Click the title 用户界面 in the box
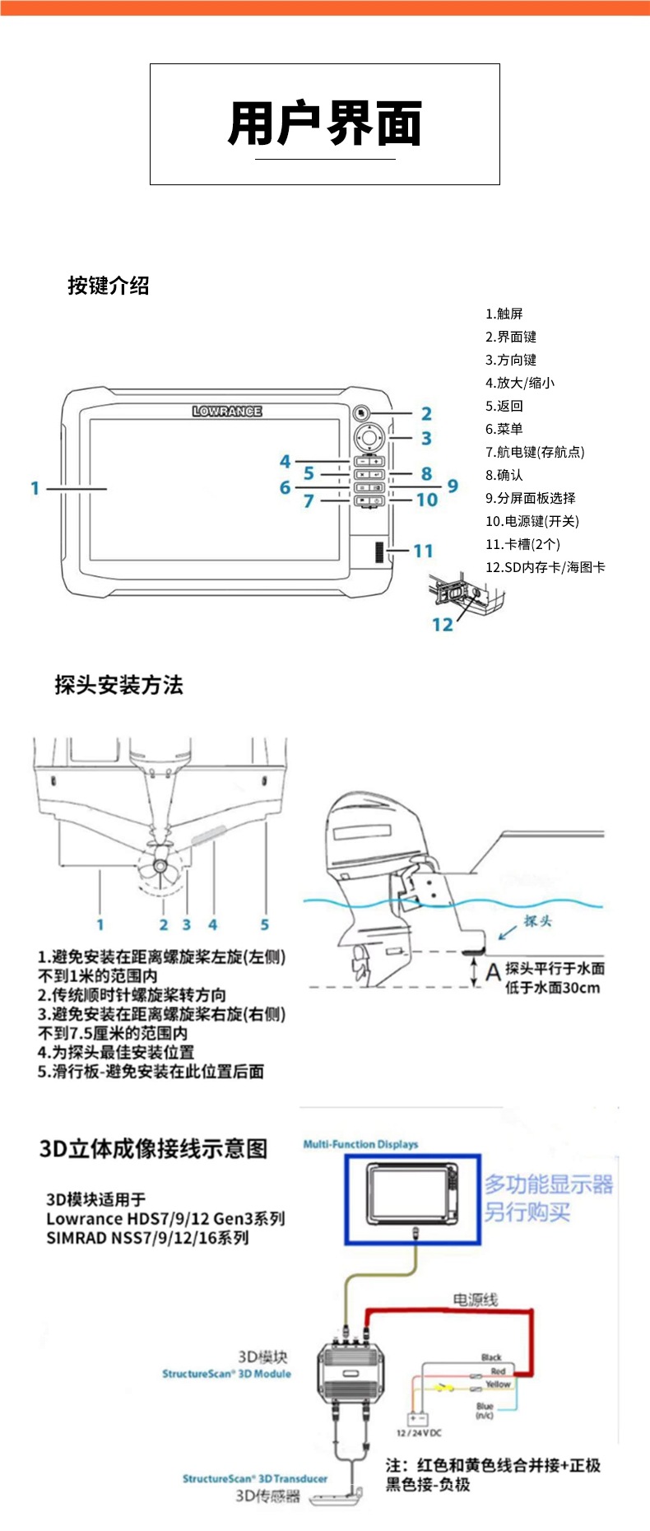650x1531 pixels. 325,123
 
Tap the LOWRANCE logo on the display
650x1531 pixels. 227,411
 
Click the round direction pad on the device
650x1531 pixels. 369,436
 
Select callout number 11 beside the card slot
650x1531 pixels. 423,551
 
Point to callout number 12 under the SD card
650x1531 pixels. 442,625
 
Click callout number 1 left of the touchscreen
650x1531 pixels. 35,488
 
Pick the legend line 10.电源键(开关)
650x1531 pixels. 532,521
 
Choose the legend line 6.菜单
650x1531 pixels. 504,429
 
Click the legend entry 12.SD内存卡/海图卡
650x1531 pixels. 545,567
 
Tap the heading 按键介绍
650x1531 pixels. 109,286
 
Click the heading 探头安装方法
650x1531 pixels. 118,685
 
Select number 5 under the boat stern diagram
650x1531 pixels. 265,924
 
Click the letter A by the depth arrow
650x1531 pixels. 492,973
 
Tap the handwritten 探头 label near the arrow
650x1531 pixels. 537,921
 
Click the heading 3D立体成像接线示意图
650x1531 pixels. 154,1148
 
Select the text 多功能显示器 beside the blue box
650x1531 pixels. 548,1184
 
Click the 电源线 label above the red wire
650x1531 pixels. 475,1300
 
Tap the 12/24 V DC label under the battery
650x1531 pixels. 419,1433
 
